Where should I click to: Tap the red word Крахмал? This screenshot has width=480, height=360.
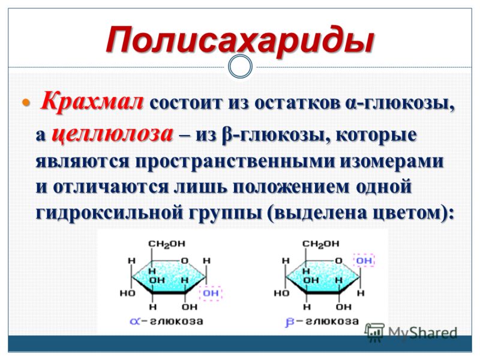pos(92,101)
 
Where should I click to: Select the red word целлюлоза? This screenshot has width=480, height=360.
pos(112,134)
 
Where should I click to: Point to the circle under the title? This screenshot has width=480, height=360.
pos(241,67)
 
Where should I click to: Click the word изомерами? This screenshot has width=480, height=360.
pos(391,161)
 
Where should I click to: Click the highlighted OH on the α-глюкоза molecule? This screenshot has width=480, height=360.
pos(211,293)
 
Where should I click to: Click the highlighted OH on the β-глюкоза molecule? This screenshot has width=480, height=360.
pos(364,260)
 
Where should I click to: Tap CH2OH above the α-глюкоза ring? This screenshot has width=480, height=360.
pos(167,244)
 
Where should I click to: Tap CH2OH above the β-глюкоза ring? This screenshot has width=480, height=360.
pos(321,244)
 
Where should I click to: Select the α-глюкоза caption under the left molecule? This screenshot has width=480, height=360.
pos(166,322)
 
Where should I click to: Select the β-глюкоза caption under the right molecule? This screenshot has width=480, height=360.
pos(322,322)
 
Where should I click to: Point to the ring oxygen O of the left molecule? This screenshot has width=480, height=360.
pos(184,261)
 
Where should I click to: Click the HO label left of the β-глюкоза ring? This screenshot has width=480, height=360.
pos(281,293)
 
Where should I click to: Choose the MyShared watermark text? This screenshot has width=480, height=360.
pos(422,332)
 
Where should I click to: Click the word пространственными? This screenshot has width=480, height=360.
pos(235,161)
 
